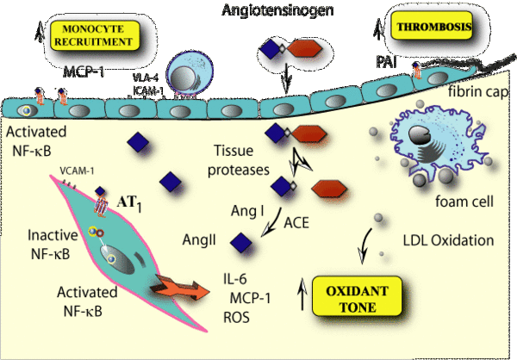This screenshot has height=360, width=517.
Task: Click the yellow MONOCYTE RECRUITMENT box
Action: (x=96, y=35)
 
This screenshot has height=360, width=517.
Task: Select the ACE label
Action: (x=296, y=221)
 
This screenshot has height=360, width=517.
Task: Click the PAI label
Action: (x=386, y=62)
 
